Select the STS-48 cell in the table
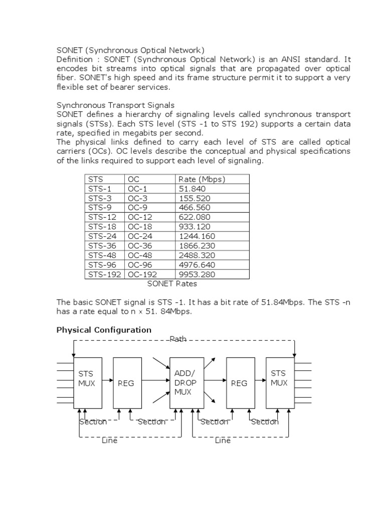(x=102, y=255)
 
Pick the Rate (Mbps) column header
(x=202, y=179)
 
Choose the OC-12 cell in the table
(x=140, y=217)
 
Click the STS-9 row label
(x=100, y=208)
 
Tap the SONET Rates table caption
(x=172, y=284)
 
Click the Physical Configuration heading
(x=104, y=330)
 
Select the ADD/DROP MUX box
(x=186, y=383)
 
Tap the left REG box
(x=126, y=383)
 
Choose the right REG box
(x=239, y=383)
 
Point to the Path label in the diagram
(x=178, y=339)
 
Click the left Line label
(x=110, y=440)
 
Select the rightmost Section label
(x=265, y=422)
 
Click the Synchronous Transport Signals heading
(x=116, y=105)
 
